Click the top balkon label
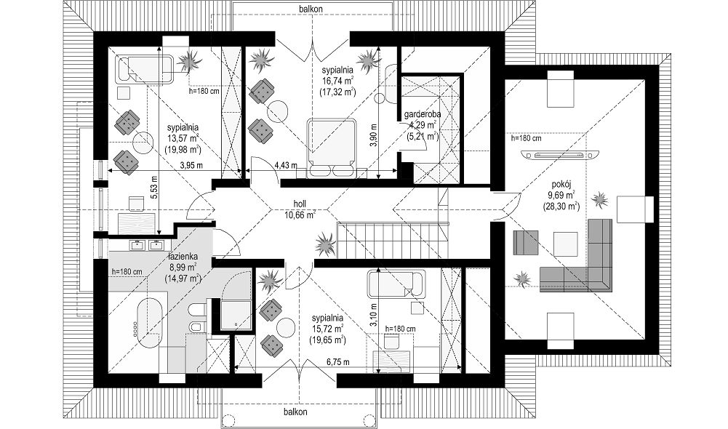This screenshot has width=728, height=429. (311, 8)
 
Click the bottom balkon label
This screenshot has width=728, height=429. (295, 412)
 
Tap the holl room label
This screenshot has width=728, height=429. (300, 204)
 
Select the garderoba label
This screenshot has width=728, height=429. (423, 113)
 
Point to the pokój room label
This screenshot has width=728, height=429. (561, 183)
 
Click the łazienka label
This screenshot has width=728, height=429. (183, 256)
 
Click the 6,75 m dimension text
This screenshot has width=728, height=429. (338, 361)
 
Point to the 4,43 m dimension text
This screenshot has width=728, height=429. (284, 164)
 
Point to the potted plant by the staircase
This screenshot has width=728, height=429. (326, 243)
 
